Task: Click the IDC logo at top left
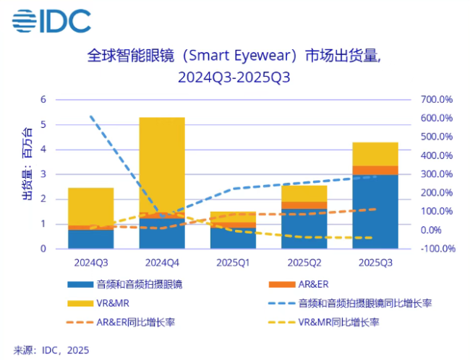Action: pyautogui.click(x=51, y=21)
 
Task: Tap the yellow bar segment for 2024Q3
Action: pyautogui.click(x=91, y=206)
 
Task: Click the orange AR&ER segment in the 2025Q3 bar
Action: pyautogui.click(x=375, y=171)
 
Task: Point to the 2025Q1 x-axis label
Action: pyautogui.click(x=233, y=262)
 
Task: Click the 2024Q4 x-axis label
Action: pyautogui.click(x=162, y=262)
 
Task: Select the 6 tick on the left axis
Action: pyautogui.click(x=43, y=100)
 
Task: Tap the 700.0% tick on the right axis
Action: pyautogui.click(x=436, y=100)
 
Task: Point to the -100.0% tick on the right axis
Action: pyautogui.click(x=436, y=249)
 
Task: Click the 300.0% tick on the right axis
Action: pyautogui.click(x=436, y=174)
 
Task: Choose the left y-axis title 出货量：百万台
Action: pyautogui.click(x=26, y=166)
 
